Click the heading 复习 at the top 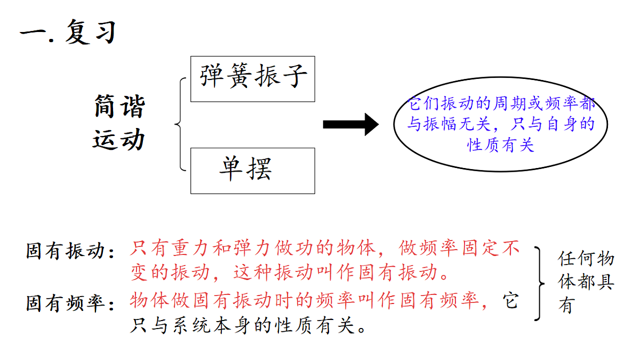pyautogui.click(x=91, y=32)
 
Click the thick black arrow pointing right pyautogui.click(x=351, y=125)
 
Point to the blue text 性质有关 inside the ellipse pyautogui.click(x=501, y=145)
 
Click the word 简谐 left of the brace pyautogui.click(x=119, y=106)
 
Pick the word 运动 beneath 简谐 pyautogui.click(x=118, y=139)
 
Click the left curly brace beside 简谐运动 pyautogui.click(x=180, y=124)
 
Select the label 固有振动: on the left pyautogui.click(x=70, y=251)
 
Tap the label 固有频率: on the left pyautogui.click(x=70, y=303)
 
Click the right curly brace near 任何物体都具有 pyautogui.click(x=539, y=284)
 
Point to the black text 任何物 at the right pyautogui.click(x=586, y=259)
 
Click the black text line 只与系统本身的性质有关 pyautogui.click(x=247, y=325)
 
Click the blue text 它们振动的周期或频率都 pyautogui.click(x=501, y=103)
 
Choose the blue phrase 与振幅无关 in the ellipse pyautogui.click(x=449, y=124)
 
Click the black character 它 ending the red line pyautogui.click(x=510, y=300)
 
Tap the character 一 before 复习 pyautogui.click(x=33, y=33)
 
